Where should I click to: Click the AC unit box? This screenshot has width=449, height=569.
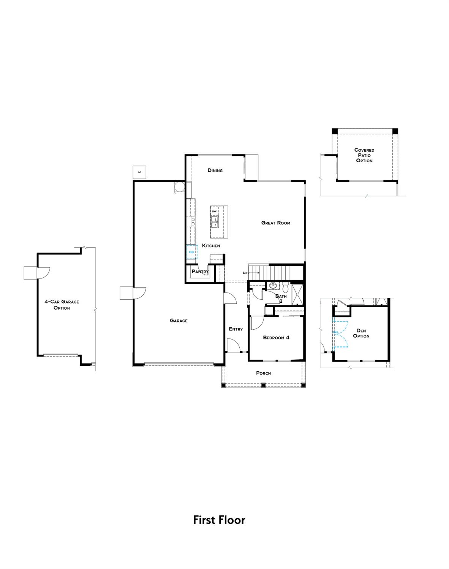tap(139, 172)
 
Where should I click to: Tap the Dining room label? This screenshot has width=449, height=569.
tap(215, 170)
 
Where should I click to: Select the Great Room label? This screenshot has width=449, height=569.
tap(275, 223)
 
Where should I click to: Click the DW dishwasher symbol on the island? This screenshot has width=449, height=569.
tap(214, 211)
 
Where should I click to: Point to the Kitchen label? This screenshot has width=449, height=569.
tap(211, 245)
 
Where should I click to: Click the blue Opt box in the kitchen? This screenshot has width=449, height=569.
tap(192, 252)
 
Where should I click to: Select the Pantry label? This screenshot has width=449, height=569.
tap(200, 271)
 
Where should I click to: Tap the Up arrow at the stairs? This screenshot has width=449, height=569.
tap(251, 273)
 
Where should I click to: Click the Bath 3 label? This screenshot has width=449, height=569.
tap(281, 299)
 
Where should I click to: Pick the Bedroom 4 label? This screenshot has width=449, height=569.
tap(276, 337)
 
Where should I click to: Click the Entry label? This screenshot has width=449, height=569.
tap(236, 329)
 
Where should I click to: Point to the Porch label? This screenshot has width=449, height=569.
tap(263, 373)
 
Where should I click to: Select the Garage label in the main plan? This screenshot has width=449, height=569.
tap(179, 321)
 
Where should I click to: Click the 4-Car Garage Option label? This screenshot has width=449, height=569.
tap(62, 305)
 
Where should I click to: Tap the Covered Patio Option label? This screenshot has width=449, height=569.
tap(364, 155)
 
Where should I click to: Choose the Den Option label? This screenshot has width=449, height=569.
tap(361, 333)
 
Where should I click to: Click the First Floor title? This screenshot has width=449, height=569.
tap(219, 520)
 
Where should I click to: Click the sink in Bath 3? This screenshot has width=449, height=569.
tap(272, 285)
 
